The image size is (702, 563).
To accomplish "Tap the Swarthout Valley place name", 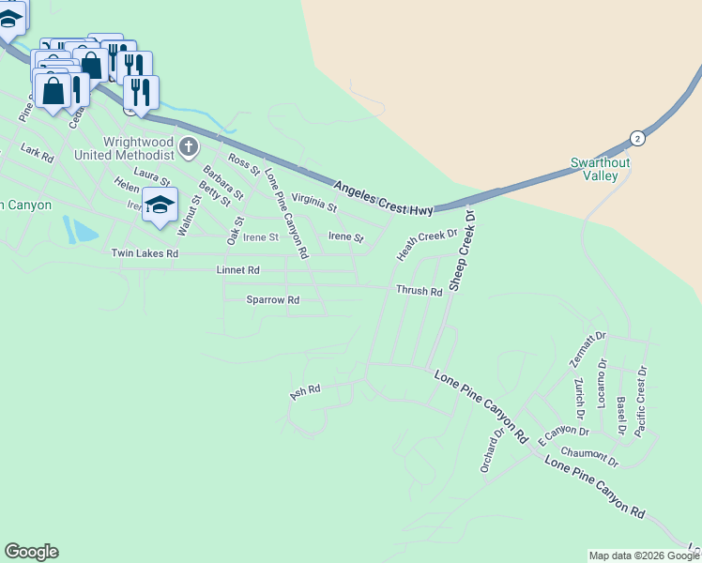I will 594,169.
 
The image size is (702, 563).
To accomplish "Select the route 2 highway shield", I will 637,137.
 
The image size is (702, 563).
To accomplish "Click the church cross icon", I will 189,146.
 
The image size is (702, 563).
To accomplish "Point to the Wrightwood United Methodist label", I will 137,147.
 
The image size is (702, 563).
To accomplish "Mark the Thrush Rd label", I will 419,292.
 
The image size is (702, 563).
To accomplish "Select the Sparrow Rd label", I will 272,300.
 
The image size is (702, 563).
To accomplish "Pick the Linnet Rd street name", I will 237,270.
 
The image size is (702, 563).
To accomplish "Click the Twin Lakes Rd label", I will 145,253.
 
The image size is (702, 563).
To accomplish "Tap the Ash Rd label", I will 306,390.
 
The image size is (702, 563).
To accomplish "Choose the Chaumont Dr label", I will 588,457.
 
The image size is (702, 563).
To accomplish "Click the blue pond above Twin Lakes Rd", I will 83,230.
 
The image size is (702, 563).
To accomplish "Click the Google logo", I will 31,552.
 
